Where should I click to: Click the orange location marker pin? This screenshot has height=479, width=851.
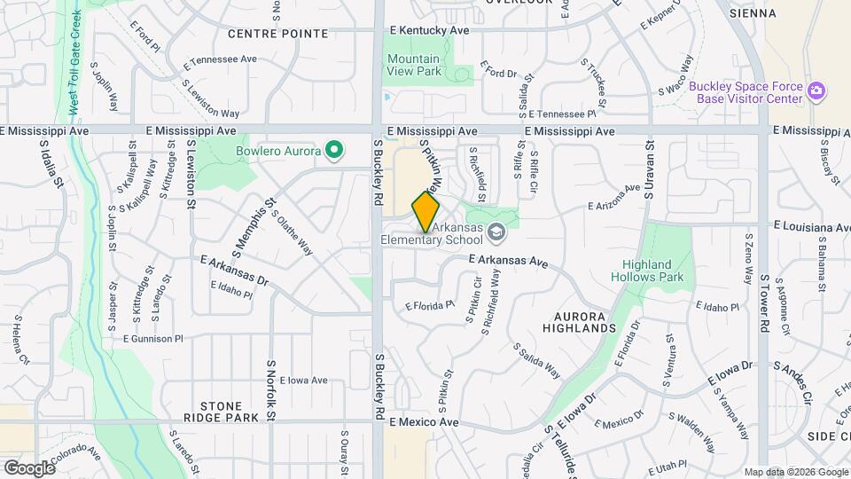point(426,212)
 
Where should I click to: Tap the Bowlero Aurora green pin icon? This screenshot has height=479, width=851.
point(334,151)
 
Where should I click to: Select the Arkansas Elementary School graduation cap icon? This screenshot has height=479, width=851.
point(496,232)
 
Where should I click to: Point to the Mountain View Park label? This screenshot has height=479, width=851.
point(413,67)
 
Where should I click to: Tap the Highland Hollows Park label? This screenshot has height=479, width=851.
point(653,271)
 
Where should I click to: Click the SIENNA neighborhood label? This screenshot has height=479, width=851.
point(753,13)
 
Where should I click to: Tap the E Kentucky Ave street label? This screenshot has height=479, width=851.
point(430,29)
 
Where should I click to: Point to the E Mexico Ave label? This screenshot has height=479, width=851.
point(424,423)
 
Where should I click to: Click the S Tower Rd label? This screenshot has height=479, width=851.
point(764,302)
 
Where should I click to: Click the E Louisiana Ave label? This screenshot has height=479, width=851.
point(811,227)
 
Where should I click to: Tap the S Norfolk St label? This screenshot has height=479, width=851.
point(271,390)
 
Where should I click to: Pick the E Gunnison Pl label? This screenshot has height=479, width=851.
point(152,339)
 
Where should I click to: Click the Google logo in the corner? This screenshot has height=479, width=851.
point(28,468)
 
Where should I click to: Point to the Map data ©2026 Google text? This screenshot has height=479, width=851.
point(795,472)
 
